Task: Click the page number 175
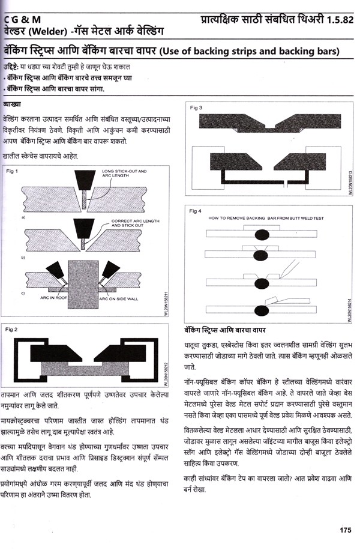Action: (x=344, y=530)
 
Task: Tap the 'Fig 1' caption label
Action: (x=13, y=172)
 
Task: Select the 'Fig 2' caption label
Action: (x=13, y=329)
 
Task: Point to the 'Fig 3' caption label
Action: (x=196, y=107)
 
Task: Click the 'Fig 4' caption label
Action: (x=196, y=211)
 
